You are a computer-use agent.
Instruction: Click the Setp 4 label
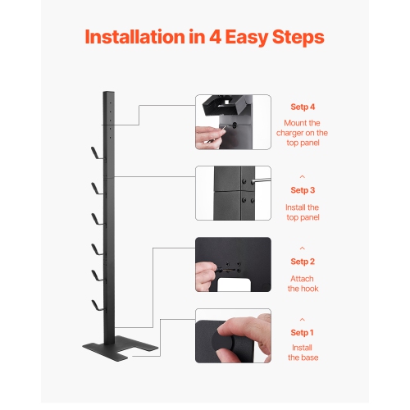coord(302,107)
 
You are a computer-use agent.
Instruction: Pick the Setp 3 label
coord(302,190)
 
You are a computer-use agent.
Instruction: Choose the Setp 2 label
coord(302,262)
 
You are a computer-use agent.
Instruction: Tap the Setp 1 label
coord(302,332)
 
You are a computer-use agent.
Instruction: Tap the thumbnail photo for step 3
coord(233,193)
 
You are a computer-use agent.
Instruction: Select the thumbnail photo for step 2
coord(233,265)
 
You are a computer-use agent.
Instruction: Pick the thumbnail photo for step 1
coord(233,335)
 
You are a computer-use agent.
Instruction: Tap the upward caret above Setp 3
coord(302,175)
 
